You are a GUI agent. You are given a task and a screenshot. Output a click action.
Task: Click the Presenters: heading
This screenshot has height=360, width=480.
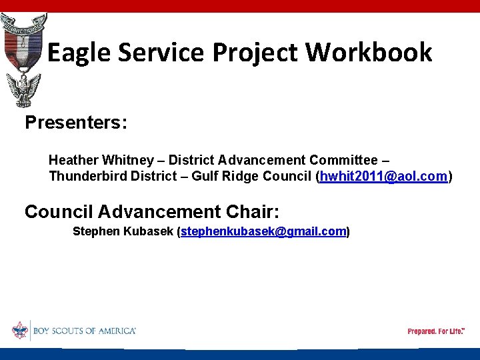(76, 123)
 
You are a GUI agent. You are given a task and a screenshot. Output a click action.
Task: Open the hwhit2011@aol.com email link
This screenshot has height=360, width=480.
(383, 177)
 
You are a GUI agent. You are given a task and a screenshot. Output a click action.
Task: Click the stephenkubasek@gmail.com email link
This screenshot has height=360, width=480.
(263, 231)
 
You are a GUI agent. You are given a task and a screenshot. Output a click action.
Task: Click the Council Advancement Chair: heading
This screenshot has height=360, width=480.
(152, 212)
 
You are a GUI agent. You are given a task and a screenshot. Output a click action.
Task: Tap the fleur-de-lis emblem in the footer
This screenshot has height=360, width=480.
(20, 330)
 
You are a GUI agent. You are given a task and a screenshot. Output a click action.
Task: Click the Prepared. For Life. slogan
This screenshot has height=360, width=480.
(436, 331)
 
